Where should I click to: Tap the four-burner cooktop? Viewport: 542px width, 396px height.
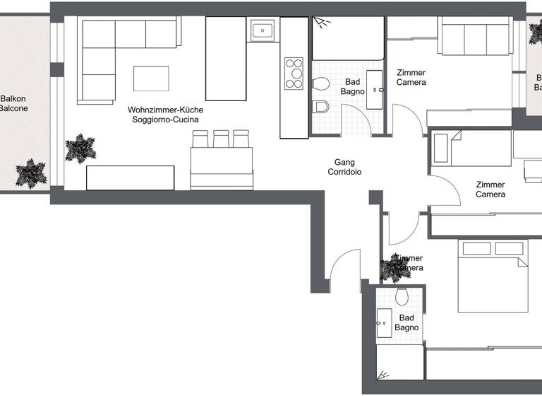(294, 73)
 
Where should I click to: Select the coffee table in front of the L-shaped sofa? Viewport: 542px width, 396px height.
(151, 78)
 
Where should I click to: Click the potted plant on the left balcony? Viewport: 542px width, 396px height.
(30, 173)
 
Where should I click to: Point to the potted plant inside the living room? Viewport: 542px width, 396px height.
(79, 148)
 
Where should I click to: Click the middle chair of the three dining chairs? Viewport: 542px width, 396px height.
(222, 139)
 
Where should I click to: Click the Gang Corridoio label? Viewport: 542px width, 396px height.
(340, 167)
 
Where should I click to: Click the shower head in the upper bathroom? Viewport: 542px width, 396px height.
(324, 23)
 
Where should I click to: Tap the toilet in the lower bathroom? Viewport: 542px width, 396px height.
(403, 295)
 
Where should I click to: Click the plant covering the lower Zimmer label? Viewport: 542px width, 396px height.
(392, 268)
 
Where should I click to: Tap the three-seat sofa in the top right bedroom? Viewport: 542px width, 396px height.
(475, 37)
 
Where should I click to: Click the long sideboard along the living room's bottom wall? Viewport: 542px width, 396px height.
(131, 177)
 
